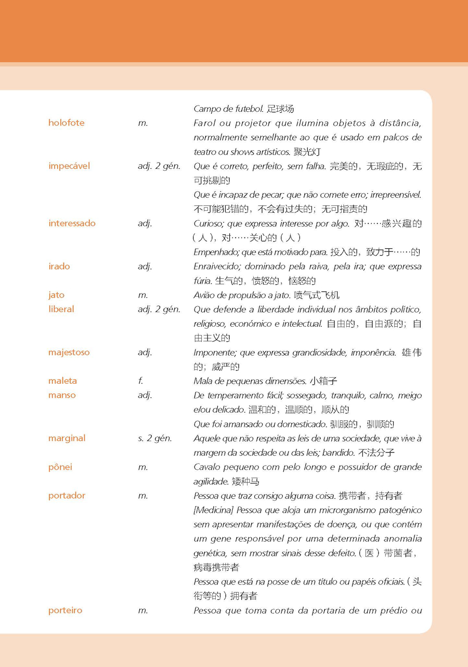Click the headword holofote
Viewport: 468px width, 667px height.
pos(66,123)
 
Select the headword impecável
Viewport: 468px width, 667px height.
pos(69,166)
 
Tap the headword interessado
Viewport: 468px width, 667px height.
pos(72,223)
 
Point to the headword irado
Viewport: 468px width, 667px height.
pos(59,266)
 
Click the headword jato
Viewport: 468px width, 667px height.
pos(56,295)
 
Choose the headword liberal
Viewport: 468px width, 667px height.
pos(61,309)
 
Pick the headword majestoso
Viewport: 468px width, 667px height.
pos(69,352)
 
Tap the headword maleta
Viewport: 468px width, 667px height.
pos(62,381)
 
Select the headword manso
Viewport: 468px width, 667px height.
pos(62,395)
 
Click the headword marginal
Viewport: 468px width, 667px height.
pos(67,438)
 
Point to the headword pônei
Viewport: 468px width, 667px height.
pos(60,467)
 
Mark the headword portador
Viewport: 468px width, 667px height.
pos(67,496)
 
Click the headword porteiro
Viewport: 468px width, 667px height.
pos(65,611)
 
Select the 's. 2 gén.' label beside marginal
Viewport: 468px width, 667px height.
pos(155,438)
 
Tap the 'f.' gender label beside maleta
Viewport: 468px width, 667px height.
pos(140,381)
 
